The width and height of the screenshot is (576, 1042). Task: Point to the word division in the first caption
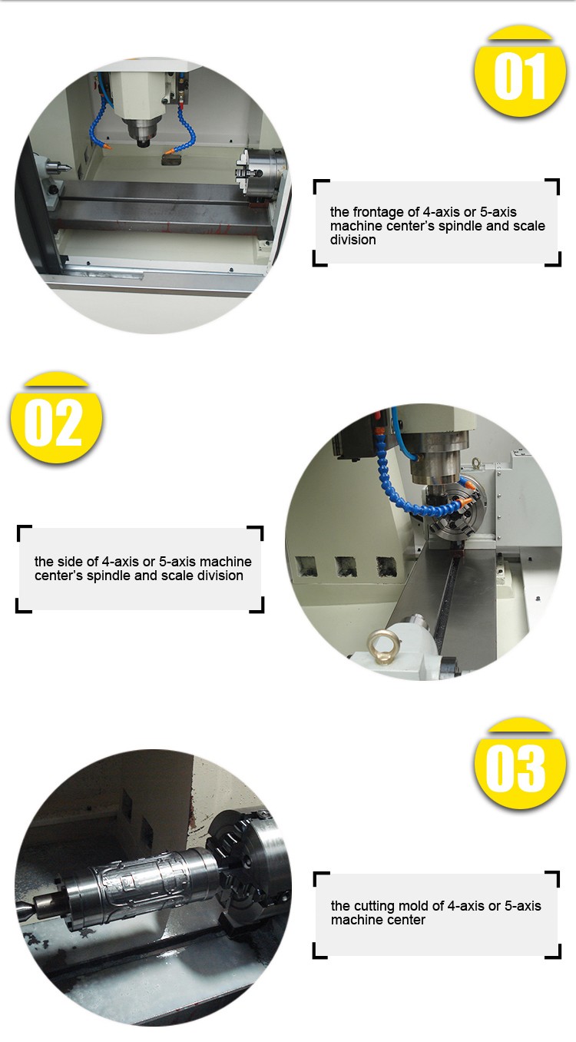click(x=353, y=240)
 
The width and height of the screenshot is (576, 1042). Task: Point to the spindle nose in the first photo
click(x=142, y=133)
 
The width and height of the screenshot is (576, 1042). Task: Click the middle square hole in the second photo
click(x=346, y=567)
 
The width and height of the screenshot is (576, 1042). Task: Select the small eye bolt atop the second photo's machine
click(x=475, y=463)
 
